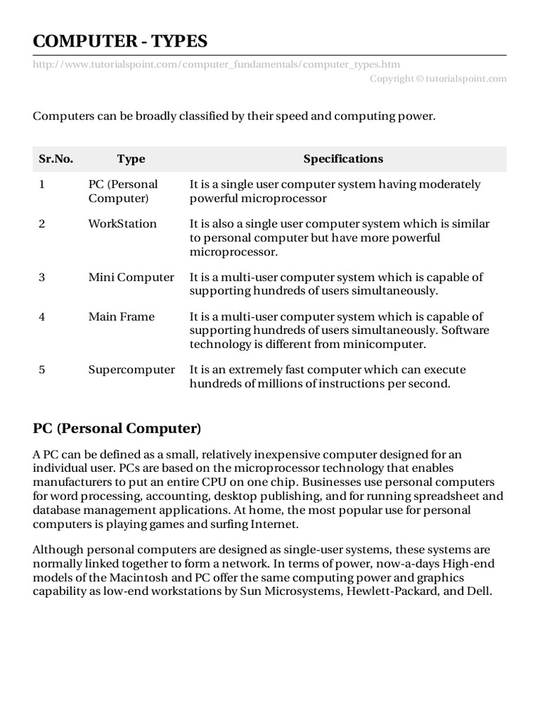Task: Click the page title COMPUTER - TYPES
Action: (120, 41)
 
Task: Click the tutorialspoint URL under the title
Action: (217, 64)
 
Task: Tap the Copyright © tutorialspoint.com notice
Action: (438, 79)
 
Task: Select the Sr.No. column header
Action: (56, 159)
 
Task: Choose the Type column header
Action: (131, 159)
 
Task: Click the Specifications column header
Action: (343, 159)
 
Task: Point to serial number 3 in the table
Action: (42, 277)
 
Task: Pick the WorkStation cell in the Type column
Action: (122, 224)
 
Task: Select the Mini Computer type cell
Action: (131, 277)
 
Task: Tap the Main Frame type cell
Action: (121, 316)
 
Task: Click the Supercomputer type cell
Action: (131, 370)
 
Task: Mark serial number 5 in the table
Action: (42, 370)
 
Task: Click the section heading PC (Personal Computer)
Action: (117, 428)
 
